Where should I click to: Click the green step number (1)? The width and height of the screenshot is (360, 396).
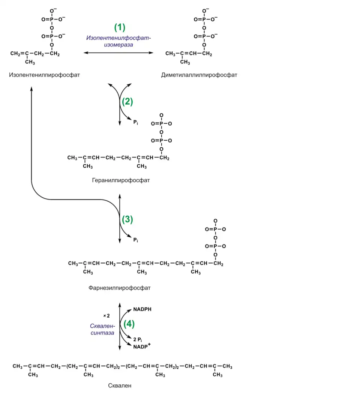coord(120,27)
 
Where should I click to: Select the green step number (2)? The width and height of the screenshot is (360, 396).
coord(127,101)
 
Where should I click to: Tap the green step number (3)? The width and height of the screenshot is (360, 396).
coord(127,220)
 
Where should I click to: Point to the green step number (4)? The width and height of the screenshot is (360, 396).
coord(129,324)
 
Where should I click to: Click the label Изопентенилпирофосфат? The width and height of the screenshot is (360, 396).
coord(45,75)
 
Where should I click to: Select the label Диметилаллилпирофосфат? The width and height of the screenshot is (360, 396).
coord(199,75)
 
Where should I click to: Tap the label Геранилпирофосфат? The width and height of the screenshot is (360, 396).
coord(121,180)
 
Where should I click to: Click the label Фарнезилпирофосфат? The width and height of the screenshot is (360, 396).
coord(120,288)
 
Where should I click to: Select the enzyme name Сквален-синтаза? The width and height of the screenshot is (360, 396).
coord(102,329)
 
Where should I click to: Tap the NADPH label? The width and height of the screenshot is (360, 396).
coord(142,310)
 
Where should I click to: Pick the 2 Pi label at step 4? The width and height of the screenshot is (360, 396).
coord(138,339)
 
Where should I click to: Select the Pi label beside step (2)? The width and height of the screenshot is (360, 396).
coord(136,122)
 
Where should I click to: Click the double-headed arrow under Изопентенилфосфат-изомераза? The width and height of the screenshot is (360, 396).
coord(118,53)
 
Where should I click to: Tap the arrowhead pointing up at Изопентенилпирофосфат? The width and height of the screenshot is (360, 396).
coord(31,88)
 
